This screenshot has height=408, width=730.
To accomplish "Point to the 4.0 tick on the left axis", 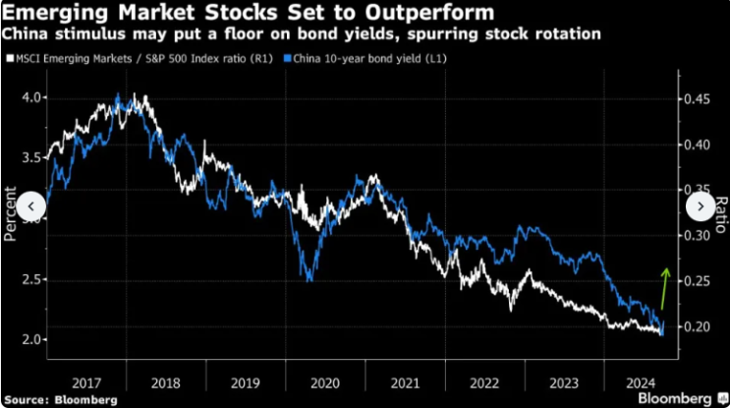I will (31, 98).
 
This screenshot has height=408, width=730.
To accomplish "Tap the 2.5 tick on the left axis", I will (31, 280).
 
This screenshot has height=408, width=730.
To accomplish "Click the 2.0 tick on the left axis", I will (31, 340).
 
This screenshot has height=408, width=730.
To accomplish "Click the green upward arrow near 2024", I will (664, 287).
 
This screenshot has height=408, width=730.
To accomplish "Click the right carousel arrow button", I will (700, 206).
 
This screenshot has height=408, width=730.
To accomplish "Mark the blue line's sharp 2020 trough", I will (310, 279).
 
